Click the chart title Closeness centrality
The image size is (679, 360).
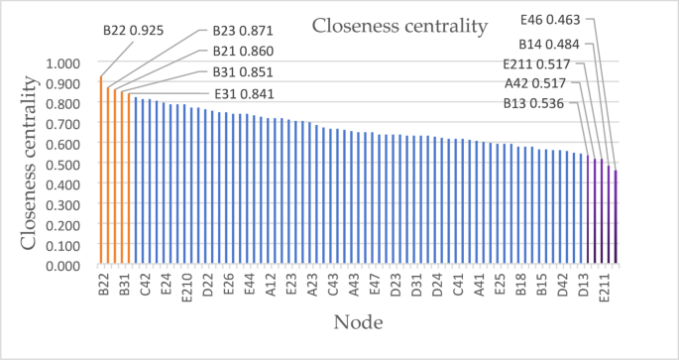click(399, 25)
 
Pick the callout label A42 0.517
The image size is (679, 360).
click(536, 82)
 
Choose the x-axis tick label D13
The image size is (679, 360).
click(584, 285)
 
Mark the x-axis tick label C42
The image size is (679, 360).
click(145, 285)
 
